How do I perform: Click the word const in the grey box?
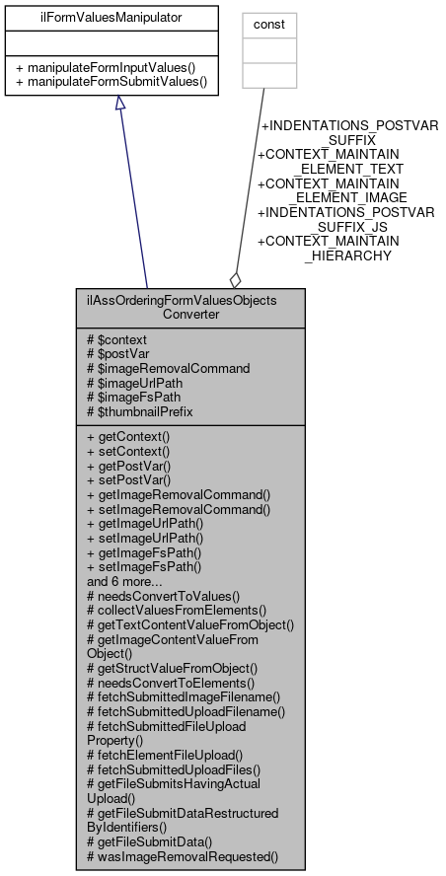click(270, 19)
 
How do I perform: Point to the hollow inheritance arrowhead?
click(119, 106)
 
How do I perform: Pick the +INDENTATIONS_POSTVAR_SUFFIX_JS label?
click(345, 219)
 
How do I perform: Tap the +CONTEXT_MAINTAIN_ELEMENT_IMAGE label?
click(335, 189)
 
